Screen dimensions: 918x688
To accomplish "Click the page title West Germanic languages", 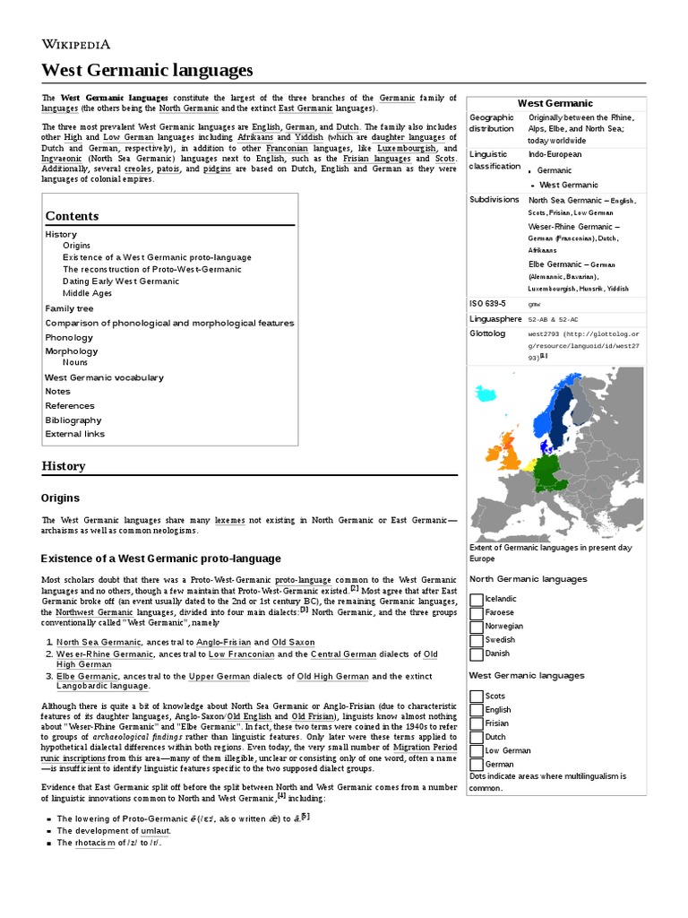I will (x=147, y=69).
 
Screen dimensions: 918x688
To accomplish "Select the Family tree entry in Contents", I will (x=69, y=308).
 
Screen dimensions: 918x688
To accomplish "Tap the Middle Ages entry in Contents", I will (x=87, y=293).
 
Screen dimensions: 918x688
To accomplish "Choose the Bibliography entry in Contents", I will (x=73, y=420).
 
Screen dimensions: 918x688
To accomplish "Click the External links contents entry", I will (x=75, y=434).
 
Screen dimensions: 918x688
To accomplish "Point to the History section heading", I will (x=64, y=466).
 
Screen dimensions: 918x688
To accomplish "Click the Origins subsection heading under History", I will (x=60, y=498).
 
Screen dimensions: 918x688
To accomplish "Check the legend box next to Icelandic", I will (x=476, y=599).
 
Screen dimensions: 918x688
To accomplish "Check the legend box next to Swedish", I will (x=476, y=640).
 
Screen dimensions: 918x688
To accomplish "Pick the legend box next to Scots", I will (x=476, y=696).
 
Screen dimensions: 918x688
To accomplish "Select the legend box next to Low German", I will (x=476, y=750).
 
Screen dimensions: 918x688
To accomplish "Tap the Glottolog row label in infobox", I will (x=487, y=333).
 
